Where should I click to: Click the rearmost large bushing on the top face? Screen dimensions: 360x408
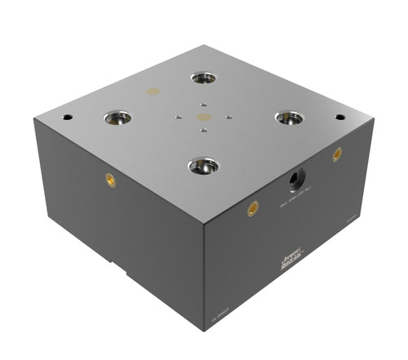coord(203,78)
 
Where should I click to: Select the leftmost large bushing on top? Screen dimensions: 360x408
coord(118,118)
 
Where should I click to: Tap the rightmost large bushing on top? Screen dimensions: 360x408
coord(289,118)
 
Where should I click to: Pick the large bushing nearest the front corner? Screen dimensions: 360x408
coord(202,167)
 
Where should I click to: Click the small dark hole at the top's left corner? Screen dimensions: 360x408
coord(67,117)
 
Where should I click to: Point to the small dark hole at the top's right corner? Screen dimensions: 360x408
coord(339,117)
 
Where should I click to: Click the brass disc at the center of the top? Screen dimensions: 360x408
coord(203,118)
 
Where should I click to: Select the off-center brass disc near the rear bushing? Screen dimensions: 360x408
coord(152,91)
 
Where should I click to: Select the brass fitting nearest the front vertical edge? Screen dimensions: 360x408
coord(253,208)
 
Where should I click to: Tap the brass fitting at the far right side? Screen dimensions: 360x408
coord(337,153)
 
